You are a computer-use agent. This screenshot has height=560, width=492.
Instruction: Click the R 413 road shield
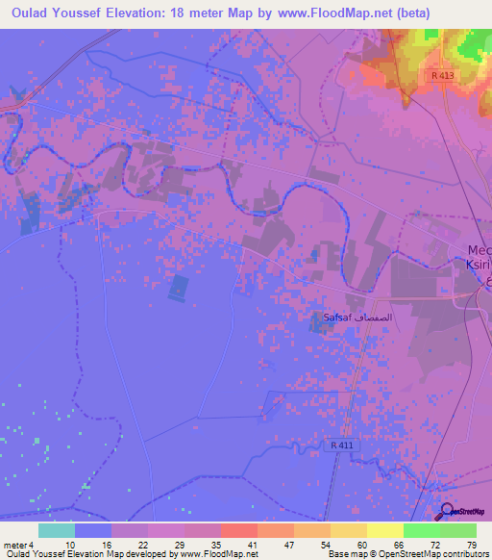point(442,75)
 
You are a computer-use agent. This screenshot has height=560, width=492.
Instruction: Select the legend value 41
point(252,545)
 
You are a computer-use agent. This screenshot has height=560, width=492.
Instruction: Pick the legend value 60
point(361,545)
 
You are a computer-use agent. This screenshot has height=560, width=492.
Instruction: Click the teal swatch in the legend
point(57,530)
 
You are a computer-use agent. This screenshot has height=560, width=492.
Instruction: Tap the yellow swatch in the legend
point(384,530)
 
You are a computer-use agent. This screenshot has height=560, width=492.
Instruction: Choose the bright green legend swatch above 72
point(421,530)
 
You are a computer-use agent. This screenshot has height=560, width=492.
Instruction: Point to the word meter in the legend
point(12,545)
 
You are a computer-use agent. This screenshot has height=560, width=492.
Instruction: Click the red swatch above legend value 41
point(238,530)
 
